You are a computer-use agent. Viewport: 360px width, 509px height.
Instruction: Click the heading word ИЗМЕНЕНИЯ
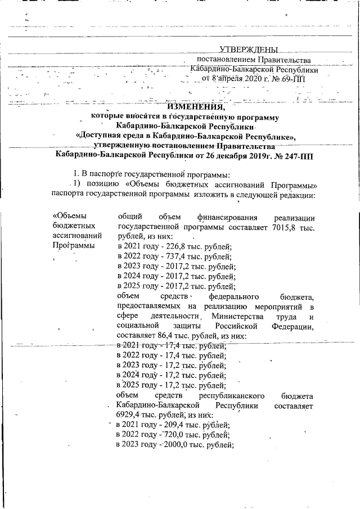[x=196, y=107]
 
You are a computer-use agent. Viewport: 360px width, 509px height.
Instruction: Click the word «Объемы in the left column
[x=69, y=216]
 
